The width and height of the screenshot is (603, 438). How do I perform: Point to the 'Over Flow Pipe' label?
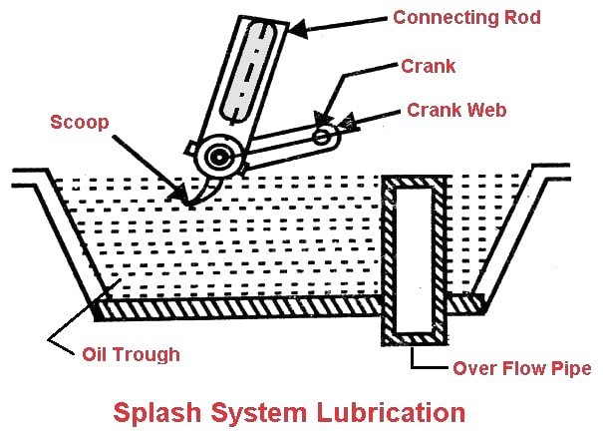[x=521, y=368]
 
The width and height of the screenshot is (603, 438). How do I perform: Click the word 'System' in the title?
[x=270, y=411]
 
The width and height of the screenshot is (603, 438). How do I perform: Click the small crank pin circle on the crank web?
[x=321, y=135]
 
